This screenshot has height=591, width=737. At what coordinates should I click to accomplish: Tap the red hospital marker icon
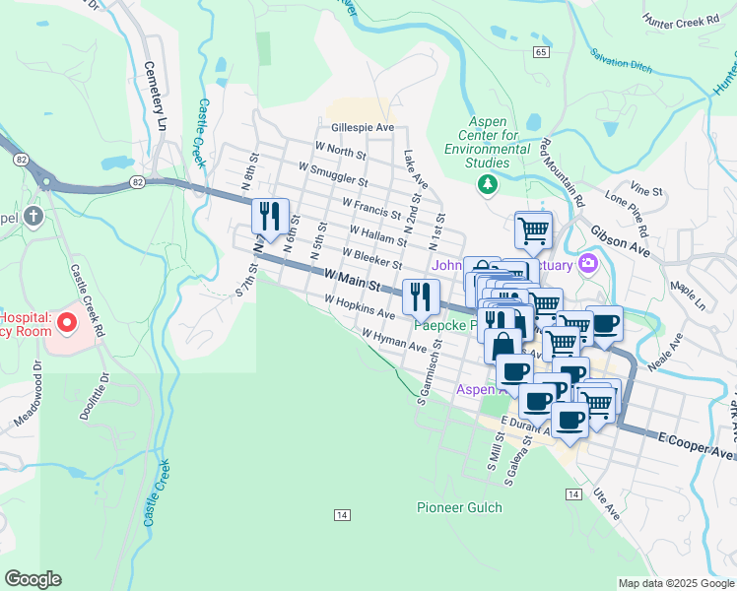(67, 322)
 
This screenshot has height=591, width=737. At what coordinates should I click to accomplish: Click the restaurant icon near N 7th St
(268, 217)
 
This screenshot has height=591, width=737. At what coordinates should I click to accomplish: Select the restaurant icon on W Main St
(421, 295)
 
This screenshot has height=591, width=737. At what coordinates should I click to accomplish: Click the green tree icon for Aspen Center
(486, 183)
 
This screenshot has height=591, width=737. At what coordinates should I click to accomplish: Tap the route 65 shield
(541, 51)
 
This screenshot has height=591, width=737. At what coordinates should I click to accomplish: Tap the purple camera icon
(588, 263)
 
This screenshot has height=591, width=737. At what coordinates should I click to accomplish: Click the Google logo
(33, 579)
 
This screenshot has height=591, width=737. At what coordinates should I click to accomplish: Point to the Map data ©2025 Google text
(675, 583)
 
